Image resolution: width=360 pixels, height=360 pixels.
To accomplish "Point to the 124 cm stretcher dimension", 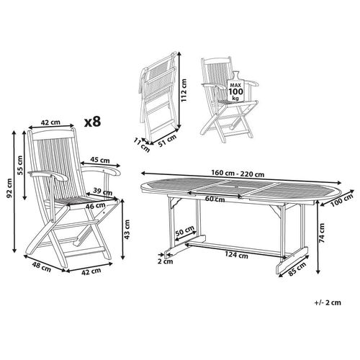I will (x=232, y=254).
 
